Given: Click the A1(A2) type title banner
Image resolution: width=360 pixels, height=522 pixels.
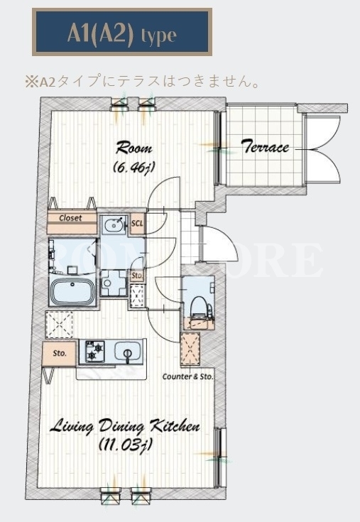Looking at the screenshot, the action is click(121, 32).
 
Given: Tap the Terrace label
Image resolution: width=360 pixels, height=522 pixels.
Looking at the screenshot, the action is click(265, 147).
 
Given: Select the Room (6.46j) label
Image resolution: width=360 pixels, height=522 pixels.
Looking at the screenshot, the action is click(133, 157).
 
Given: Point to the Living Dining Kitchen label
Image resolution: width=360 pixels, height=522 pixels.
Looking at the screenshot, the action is click(125, 426).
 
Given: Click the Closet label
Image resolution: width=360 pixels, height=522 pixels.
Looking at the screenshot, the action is click(70, 218).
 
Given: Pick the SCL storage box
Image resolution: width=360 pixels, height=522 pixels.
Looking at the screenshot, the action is click(137, 223).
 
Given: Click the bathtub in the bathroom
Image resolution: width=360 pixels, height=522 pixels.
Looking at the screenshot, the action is click(73, 292).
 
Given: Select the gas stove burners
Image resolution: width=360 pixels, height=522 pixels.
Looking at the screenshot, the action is click(95, 352).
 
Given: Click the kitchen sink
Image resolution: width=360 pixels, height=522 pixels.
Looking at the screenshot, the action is click(128, 352).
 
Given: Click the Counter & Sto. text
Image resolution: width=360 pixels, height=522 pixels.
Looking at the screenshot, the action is click(187, 376).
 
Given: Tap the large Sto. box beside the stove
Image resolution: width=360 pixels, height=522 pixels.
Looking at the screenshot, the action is click(60, 353).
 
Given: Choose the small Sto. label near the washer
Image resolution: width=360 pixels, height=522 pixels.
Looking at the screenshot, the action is click(137, 276).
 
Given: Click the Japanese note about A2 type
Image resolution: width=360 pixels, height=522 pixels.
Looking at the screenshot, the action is click(143, 81).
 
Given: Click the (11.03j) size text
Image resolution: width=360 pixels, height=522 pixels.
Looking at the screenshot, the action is click(126, 445).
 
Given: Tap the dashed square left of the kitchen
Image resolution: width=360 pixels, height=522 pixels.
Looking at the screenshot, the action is click(59, 325).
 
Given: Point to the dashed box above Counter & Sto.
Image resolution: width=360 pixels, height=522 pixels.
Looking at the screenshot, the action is click(190, 349).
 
